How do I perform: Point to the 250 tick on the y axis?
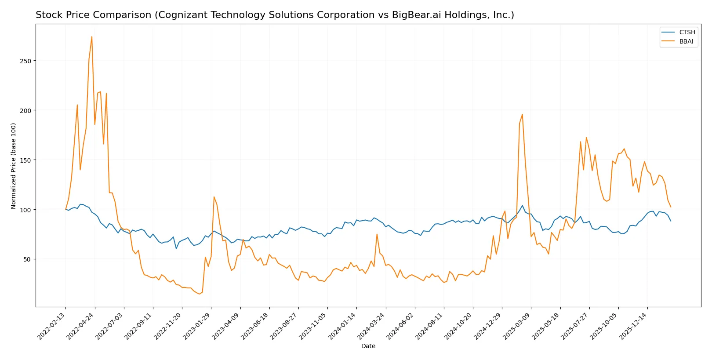pos(25,61)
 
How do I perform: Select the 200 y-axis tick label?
pos(25,111)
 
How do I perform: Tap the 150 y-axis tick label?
pos(25,160)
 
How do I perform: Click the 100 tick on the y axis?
pos(25,210)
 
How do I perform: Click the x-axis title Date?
pos(368,346)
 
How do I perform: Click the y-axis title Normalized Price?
pos(14,166)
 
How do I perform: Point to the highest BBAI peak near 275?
pos(92,36)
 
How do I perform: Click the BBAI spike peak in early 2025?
pos(522,114)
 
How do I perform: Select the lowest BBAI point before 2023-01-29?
pos(199,294)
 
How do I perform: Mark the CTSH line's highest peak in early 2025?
pos(522,206)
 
